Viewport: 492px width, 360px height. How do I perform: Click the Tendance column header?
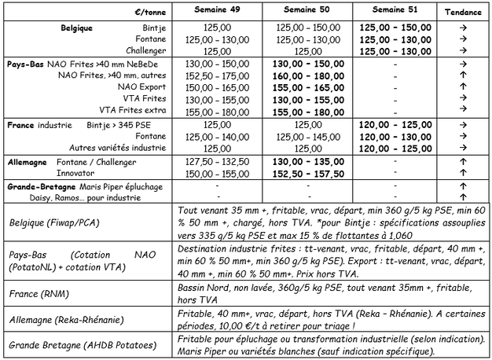click(464, 13)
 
